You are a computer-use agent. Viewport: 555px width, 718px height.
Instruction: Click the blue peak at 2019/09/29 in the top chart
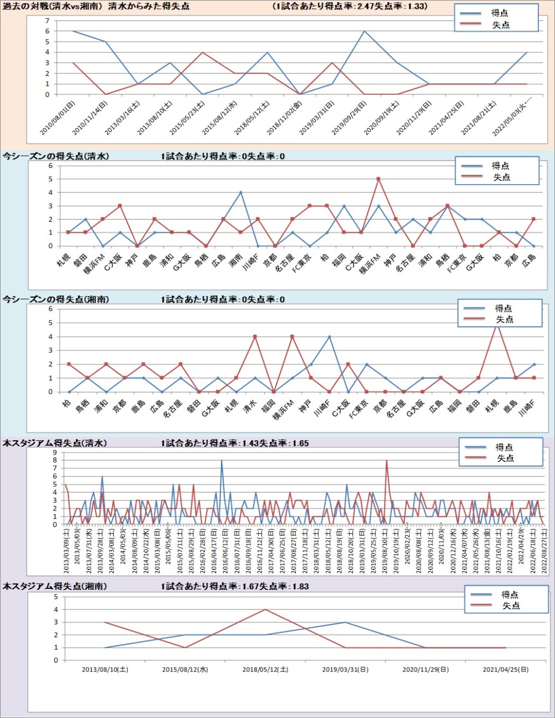(x=364, y=31)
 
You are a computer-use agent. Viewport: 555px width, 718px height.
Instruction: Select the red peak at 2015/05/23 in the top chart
(x=203, y=52)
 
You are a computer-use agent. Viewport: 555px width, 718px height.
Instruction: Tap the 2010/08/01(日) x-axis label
(x=58, y=118)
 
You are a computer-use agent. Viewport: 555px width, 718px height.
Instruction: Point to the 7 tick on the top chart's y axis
(x=47, y=21)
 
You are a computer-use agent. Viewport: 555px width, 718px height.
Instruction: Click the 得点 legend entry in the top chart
(x=499, y=13)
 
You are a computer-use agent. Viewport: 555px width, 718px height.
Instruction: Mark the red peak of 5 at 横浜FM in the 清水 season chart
(x=378, y=179)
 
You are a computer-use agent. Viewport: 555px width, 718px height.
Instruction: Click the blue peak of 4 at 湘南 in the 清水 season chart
(x=240, y=192)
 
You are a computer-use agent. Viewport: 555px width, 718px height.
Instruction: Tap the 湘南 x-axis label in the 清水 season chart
(x=235, y=260)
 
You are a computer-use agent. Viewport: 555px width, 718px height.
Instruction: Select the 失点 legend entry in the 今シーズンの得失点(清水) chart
(x=501, y=177)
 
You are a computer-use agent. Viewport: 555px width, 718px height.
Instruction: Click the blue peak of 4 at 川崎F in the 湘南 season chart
(x=330, y=337)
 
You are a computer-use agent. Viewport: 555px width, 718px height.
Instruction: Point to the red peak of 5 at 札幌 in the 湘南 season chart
(x=497, y=324)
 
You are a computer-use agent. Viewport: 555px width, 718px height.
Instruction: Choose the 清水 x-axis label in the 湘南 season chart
(x=250, y=406)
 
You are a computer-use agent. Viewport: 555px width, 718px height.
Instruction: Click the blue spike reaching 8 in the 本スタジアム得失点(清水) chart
(x=221, y=460)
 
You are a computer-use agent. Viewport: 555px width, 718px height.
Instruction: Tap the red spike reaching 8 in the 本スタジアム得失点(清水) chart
(x=386, y=460)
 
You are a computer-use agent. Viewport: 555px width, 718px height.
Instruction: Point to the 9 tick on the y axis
(x=55, y=452)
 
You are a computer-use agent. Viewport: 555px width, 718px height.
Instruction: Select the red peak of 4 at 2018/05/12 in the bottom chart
(x=265, y=609)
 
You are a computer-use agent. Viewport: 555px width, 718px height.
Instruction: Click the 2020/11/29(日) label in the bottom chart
(x=425, y=670)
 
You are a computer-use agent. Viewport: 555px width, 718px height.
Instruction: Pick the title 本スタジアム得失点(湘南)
(x=55, y=586)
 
